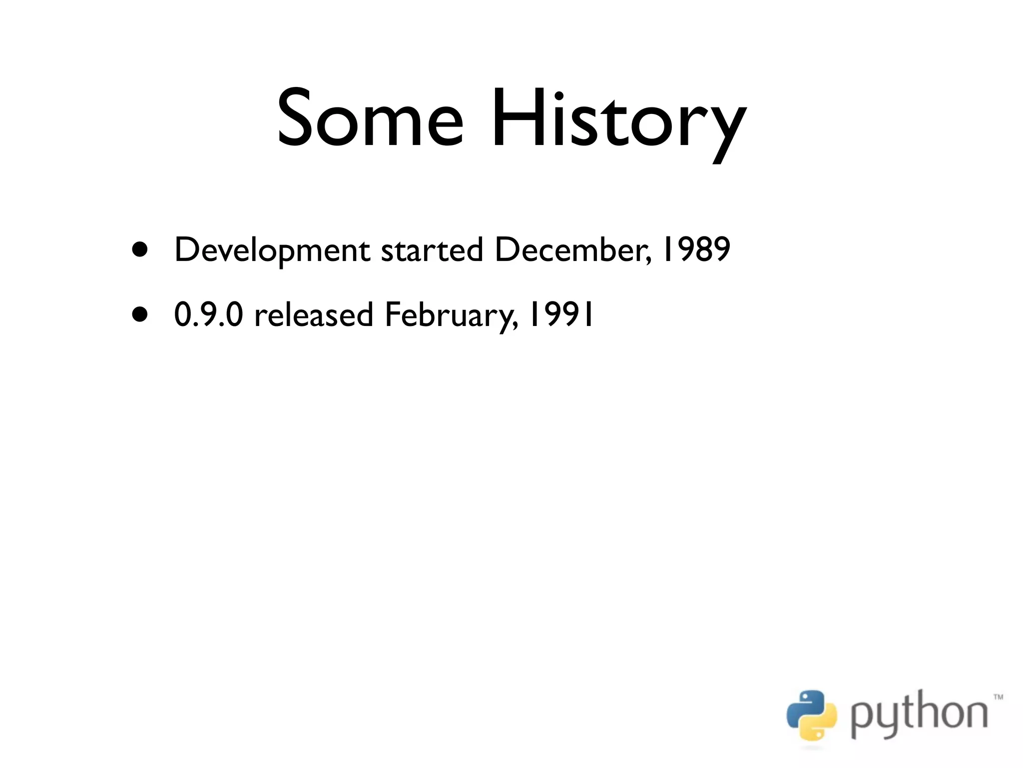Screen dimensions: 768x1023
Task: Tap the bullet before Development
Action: (140, 249)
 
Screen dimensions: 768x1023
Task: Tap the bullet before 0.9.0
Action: (140, 314)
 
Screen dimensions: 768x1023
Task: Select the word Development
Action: (272, 250)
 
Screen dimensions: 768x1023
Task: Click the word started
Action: (432, 249)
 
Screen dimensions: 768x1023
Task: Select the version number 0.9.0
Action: (208, 314)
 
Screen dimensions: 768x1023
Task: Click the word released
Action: (314, 314)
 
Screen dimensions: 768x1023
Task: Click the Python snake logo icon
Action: (811, 715)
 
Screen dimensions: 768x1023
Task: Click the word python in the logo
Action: (919, 715)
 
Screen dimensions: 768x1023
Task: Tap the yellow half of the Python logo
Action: (820, 725)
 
